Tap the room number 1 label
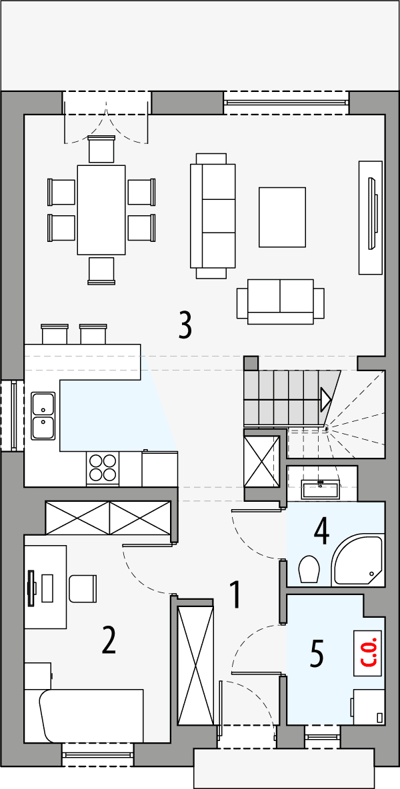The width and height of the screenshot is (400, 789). pyautogui.click(x=235, y=594)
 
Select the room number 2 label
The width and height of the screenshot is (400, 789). pyautogui.click(x=109, y=640)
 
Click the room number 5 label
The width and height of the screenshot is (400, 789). pyautogui.click(x=317, y=653)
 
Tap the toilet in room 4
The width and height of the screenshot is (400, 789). pyautogui.click(x=309, y=570)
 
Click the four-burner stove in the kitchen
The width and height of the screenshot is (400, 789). pyautogui.click(x=103, y=467)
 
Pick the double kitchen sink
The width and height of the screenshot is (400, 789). pyautogui.click(x=43, y=415)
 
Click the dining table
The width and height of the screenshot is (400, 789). pyautogui.click(x=101, y=209)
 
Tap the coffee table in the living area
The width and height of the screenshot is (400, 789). pyautogui.click(x=282, y=217)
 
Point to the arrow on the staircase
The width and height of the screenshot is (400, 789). pyautogui.click(x=326, y=399)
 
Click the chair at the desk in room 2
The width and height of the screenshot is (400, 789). pyautogui.click(x=85, y=588)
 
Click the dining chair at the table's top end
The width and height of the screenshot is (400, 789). pyautogui.click(x=102, y=149)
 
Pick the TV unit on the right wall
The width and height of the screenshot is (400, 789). pyautogui.click(x=370, y=217)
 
